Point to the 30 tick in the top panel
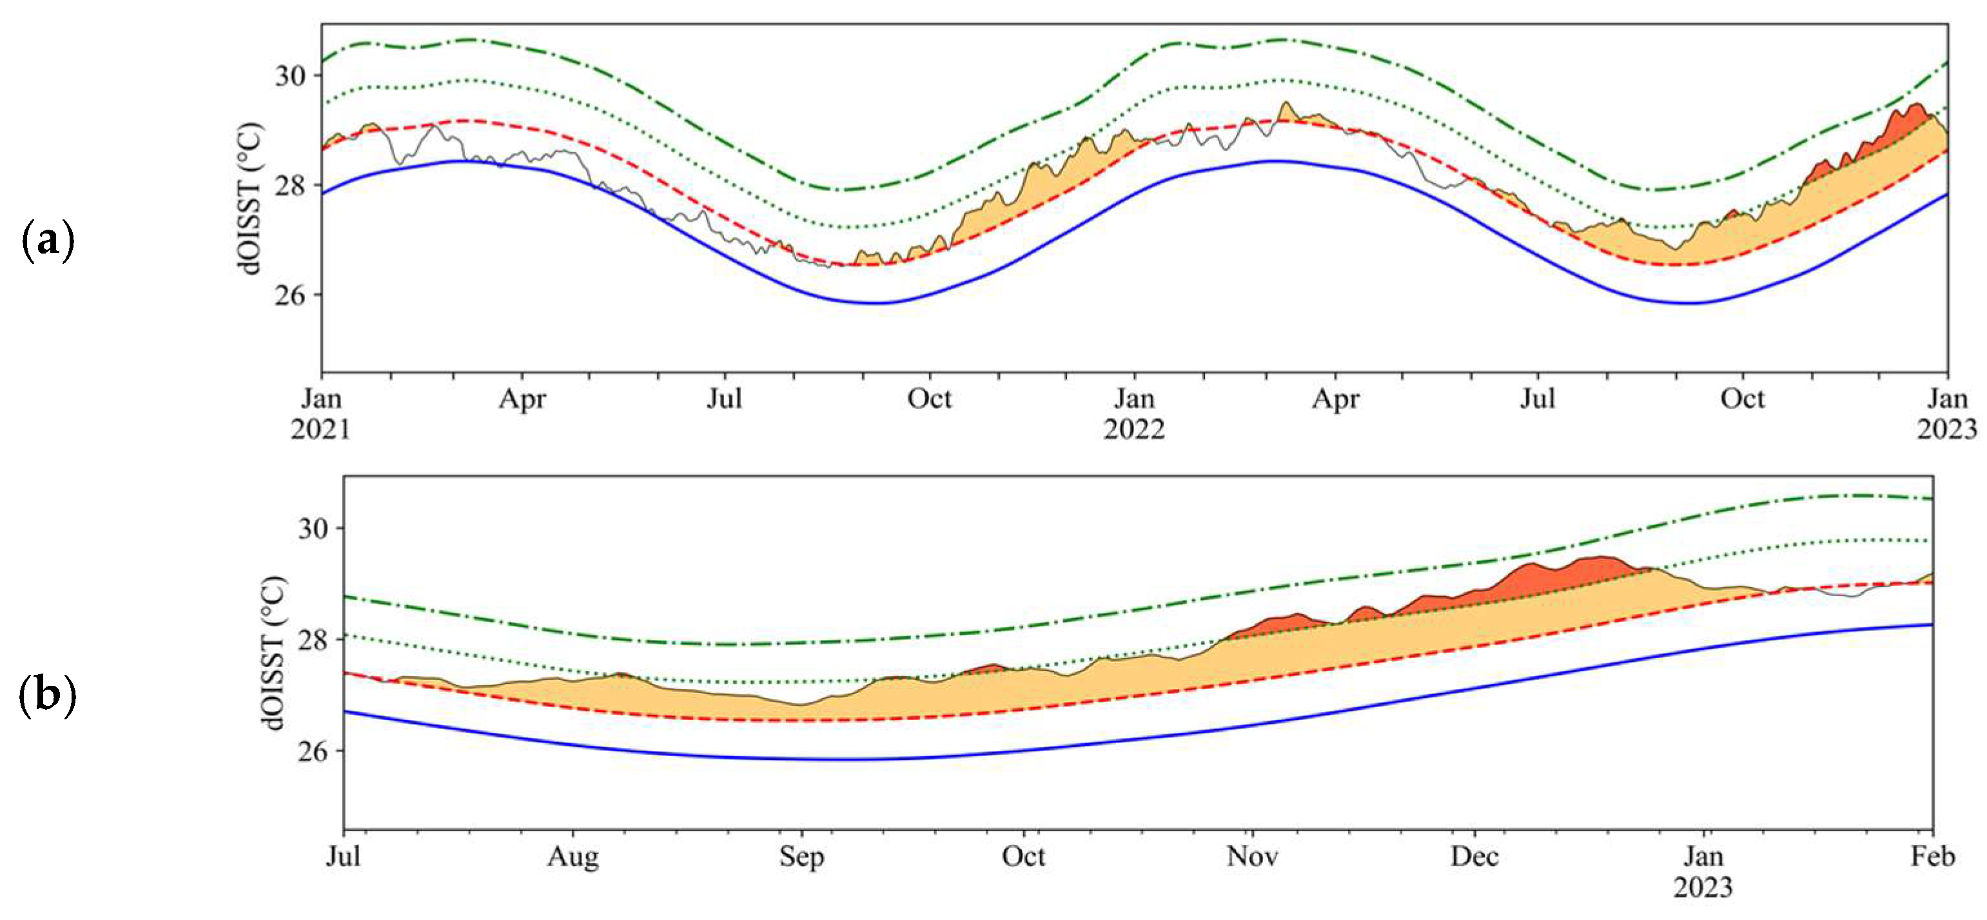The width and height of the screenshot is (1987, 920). (290, 75)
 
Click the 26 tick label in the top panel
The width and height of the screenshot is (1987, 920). (290, 295)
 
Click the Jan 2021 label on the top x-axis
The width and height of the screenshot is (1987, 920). (321, 414)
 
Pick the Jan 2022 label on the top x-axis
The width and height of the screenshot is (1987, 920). (1134, 414)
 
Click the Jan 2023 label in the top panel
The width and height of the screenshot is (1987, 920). (1947, 414)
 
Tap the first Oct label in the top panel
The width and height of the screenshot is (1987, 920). (930, 399)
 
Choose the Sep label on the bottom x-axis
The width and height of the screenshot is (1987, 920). (801, 857)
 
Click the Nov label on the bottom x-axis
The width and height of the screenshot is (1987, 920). (1253, 857)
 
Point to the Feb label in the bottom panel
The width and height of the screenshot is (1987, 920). (1932, 857)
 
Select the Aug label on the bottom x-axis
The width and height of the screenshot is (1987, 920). (573, 857)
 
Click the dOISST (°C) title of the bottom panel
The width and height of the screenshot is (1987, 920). (273, 653)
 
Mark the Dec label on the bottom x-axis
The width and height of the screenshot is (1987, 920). (1475, 857)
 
